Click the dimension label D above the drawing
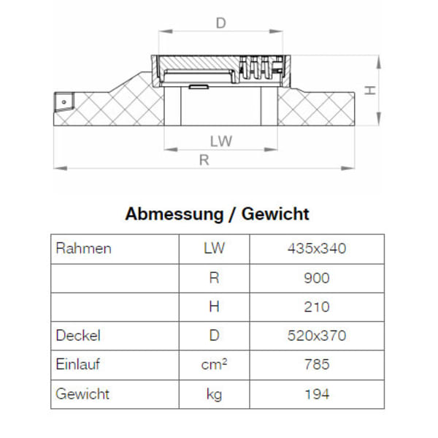(221, 23)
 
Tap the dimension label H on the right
(370, 90)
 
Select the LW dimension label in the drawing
(220, 141)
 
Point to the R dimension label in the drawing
(204, 161)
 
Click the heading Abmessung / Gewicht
(218, 214)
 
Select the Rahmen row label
(83, 249)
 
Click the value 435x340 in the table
(317, 249)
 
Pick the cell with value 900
(317, 278)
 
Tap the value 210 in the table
(317, 307)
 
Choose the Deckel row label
(77, 336)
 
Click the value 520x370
(317, 336)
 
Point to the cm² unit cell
(214, 365)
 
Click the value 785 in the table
(317, 365)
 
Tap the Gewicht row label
(82, 394)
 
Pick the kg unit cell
(214, 394)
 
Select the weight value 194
(317, 394)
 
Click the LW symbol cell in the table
(214, 249)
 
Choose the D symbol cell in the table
(214, 336)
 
